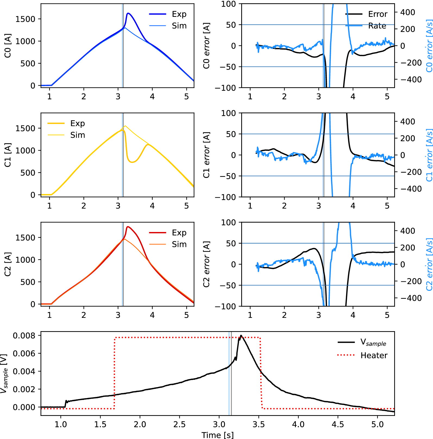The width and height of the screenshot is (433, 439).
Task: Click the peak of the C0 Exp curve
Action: click(x=128, y=13)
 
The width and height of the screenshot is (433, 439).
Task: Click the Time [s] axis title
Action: click(x=217, y=435)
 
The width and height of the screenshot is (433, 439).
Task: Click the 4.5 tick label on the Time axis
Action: click(x=338, y=424)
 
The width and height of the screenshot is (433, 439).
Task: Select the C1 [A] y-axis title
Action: click(x=8, y=155)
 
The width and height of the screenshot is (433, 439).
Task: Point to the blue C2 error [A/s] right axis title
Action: click(x=429, y=264)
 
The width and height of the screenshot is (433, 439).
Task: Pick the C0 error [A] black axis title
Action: click(x=206, y=46)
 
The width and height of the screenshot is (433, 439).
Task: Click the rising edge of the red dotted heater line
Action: click(x=115, y=372)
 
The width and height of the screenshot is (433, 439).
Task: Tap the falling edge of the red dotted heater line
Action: click(x=261, y=372)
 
